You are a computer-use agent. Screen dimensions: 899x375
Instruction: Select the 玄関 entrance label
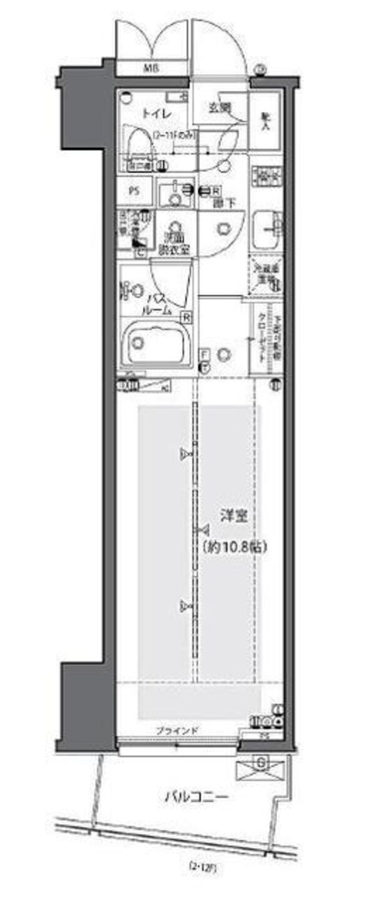[219, 108]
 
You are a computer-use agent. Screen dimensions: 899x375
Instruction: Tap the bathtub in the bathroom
[156, 343]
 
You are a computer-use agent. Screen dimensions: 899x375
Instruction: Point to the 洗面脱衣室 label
[173, 243]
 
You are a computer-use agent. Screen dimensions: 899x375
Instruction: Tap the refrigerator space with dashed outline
[266, 275]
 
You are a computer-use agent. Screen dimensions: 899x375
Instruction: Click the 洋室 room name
[234, 516]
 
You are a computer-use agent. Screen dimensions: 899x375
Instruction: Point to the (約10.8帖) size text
[234, 546]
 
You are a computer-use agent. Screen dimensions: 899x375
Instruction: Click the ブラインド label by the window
[177, 730]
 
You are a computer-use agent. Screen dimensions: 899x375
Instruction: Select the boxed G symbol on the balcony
[262, 763]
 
